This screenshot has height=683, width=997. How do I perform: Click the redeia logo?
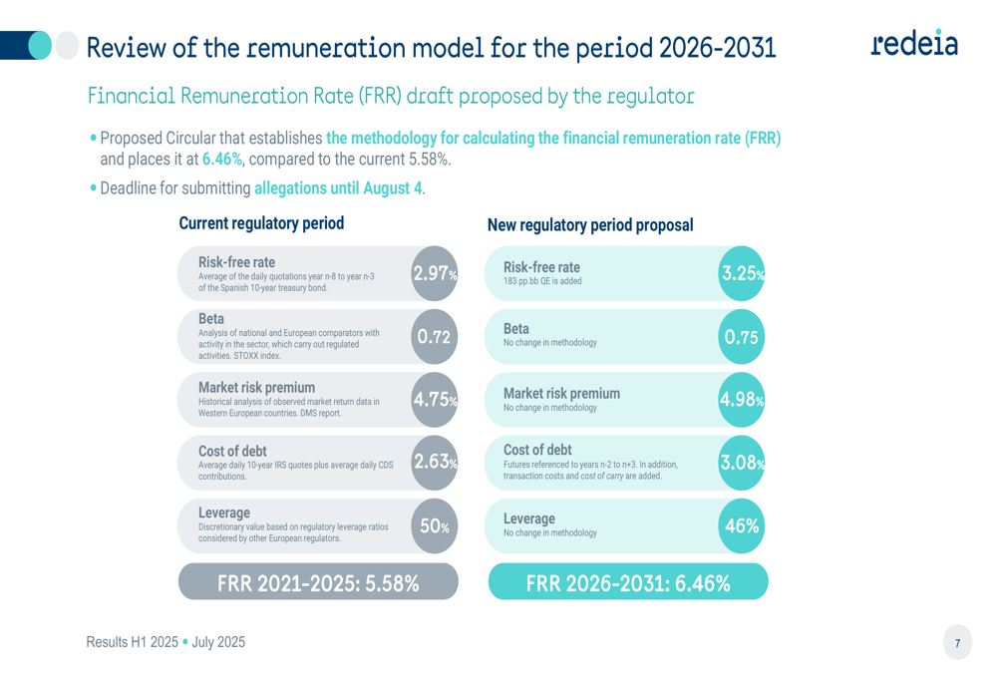click(x=913, y=45)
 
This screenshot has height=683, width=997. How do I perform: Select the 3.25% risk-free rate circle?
click(x=742, y=273)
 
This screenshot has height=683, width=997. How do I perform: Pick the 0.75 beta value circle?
click(x=742, y=336)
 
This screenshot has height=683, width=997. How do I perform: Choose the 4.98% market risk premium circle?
click(x=742, y=400)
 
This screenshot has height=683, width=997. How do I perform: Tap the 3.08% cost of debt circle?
click(x=742, y=462)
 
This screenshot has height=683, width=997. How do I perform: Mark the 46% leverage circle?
click(x=742, y=525)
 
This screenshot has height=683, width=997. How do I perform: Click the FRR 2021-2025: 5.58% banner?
click(x=318, y=582)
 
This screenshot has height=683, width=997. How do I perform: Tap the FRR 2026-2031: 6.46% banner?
click(x=628, y=582)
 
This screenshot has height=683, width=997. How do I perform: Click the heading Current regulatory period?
click(x=261, y=223)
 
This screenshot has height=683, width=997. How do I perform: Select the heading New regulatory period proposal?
click(x=590, y=225)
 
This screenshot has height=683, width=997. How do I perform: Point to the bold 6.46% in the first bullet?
click(x=222, y=159)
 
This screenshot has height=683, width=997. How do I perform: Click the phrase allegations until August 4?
click(x=338, y=187)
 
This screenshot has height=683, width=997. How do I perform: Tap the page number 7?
click(x=957, y=643)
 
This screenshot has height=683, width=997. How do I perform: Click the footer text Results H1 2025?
click(x=131, y=642)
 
